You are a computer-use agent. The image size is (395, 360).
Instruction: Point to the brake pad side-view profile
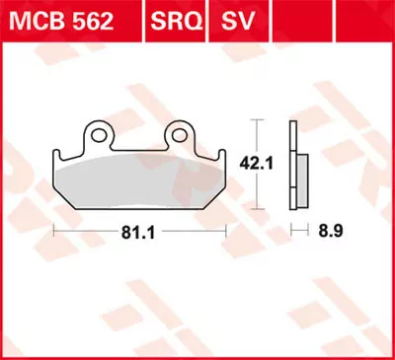point(293,163)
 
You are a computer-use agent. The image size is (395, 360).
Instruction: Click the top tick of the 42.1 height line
point(258,119)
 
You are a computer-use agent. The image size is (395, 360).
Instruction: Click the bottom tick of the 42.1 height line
point(258,208)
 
